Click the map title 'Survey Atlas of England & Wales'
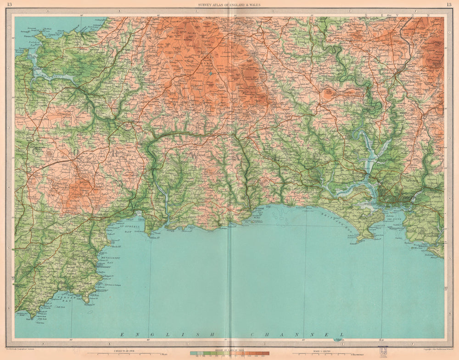[x=229, y=5]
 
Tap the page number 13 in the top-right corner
[x=448, y=5]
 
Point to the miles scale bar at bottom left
[x=124, y=354]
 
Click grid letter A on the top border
[x=42, y=10]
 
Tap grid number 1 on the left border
[x=9, y=27]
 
